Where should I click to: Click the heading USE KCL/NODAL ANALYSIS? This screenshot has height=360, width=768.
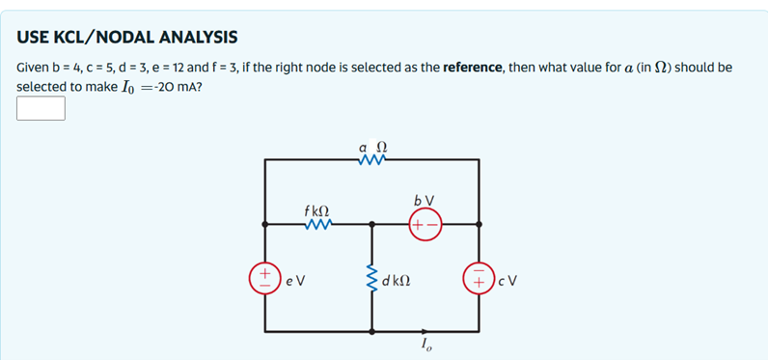point(127,38)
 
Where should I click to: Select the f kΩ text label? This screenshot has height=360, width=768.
point(316,209)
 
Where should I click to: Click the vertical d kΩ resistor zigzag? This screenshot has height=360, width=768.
point(371,280)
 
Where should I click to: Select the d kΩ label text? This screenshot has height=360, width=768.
point(398,281)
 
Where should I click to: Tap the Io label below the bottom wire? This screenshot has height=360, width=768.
point(426,347)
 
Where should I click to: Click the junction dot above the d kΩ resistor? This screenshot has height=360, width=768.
point(371,224)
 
